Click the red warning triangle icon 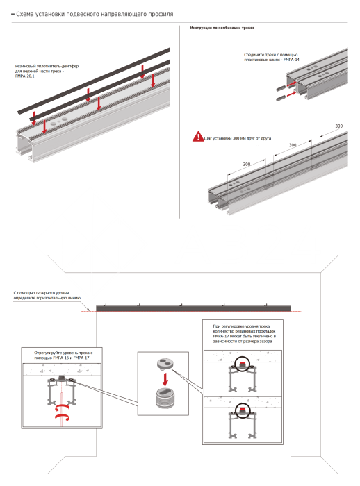tap(198, 137)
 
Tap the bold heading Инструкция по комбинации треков tap(222, 28)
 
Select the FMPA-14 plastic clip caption tap(271, 58)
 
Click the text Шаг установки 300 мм tap(238, 138)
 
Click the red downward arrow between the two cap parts tap(165, 379)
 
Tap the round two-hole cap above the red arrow tap(165, 364)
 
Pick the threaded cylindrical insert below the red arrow tap(165, 398)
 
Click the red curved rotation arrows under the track tap(63, 412)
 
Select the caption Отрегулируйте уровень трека tap(63, 355)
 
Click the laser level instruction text tap(47, 295)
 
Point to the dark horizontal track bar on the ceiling tap(193, 308)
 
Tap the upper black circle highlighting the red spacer tap(243, 364)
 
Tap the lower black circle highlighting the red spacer tap(243, 411)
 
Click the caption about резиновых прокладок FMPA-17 tap(244, 334)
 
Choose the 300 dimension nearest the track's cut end tap(247, 164)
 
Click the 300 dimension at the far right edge tap(339, 126)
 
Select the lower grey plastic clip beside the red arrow tap(281, 99)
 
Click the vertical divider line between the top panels tap(179, 121)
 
